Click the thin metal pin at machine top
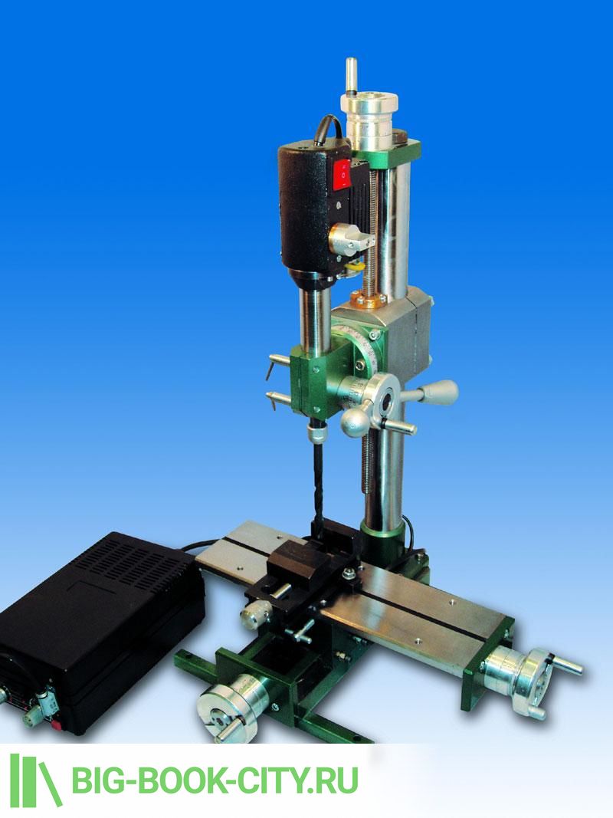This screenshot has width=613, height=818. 351,76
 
